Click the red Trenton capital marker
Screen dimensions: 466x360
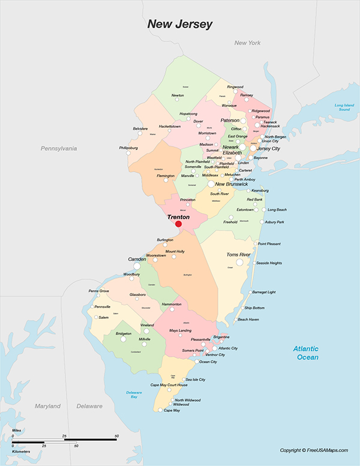[x=178, y=224]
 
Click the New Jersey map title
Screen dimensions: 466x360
[x=180, y=24]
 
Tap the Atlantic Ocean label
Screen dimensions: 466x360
[x=306, y=353]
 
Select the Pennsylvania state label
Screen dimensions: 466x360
[x=59, y=148]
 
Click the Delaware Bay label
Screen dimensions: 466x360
[x=134, y=395]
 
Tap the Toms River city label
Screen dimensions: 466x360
[x=238, y=255]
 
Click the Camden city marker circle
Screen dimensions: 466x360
[x=137, y=265]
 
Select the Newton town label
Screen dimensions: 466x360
[x=178, y=95]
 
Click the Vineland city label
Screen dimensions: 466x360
[x=147, y=324]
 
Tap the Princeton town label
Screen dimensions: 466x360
[x=188, y=199]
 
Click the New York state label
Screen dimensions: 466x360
[x=247, y=43]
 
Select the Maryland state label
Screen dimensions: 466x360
[x=47, y=407]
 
